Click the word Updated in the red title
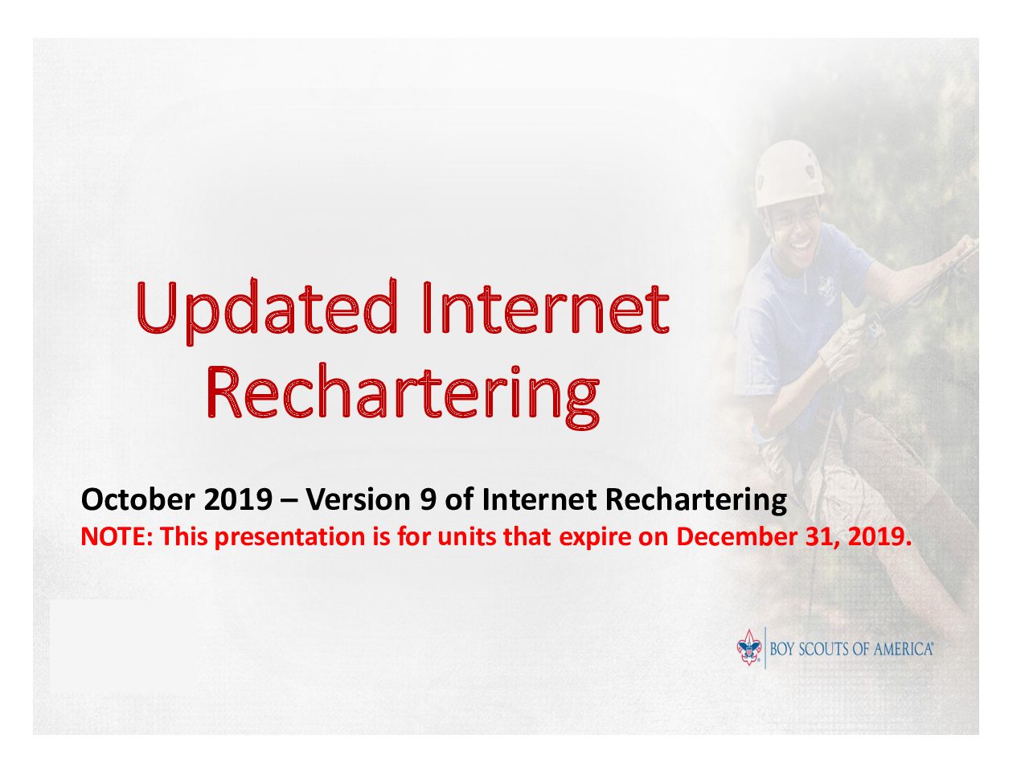267,312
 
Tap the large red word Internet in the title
546,307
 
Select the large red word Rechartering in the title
404,397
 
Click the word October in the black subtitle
137,499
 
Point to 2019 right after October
238,499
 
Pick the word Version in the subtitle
359,499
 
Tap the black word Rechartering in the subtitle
695,501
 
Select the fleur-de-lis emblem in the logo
749,647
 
